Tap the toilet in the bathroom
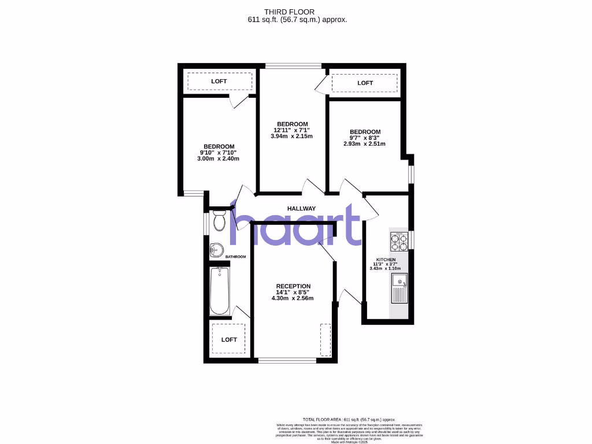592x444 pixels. (219, 221)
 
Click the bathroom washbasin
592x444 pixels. (216, 250)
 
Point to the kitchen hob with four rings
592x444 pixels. (399, 240)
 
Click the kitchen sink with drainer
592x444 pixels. (399, 288)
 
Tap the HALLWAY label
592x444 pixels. (302, 209)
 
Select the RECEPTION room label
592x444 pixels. (293, 286)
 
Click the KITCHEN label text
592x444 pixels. (386, 260)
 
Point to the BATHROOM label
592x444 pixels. (235, 257)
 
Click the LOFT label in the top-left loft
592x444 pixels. (219, 82)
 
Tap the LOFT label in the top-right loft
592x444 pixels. (365, 83)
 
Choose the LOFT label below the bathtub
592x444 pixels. (230, 339)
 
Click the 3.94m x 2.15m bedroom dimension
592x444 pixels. (292, 137)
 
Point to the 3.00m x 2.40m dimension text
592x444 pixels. (219, 158)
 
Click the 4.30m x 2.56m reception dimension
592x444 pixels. (293, 298)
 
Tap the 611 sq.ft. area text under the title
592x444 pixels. (297, 20)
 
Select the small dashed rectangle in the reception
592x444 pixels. (326, 340)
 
